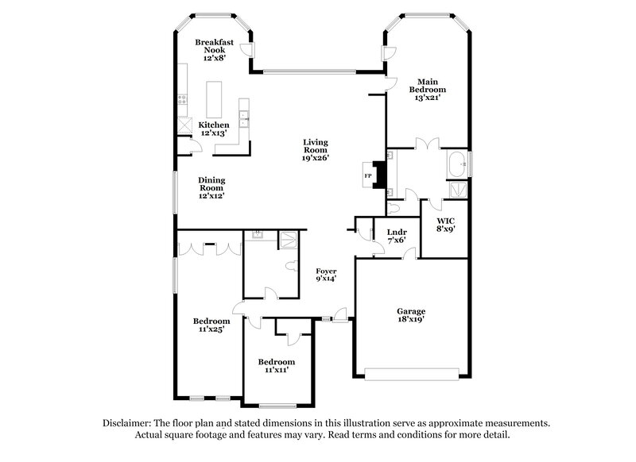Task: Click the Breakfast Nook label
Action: pos(213,48)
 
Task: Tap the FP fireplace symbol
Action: pos(369,175)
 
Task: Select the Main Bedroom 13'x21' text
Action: pos(427,90)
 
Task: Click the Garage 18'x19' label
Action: pos(411,315)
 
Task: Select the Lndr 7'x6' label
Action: pos(396,236)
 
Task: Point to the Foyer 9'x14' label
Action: pos(327,275)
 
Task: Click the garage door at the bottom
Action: pos(411,372)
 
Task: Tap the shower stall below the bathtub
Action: pos(458,189)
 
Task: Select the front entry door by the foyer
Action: pos(339,319)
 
